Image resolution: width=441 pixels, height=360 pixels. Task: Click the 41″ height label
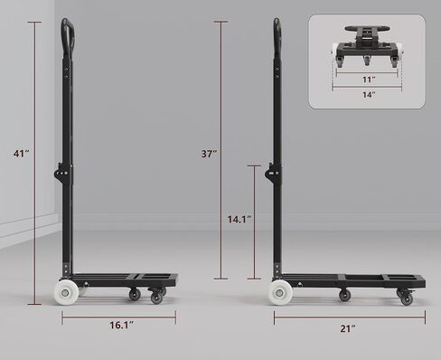tap(21, 154)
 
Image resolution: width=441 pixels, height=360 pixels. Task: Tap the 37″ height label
tap(209, 154)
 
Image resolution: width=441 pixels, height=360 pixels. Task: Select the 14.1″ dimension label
tap(239, 219)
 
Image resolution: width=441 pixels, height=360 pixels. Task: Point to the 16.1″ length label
tap(121, 325)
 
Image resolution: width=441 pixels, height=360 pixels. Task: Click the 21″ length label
tap(348, 328)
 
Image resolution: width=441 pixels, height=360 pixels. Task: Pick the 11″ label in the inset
tap(369, 80)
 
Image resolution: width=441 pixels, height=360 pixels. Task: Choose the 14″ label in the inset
tap(369, 95)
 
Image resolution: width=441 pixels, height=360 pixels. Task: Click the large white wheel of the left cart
tap(66, 292)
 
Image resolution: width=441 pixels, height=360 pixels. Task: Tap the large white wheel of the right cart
tap(280, 292)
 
